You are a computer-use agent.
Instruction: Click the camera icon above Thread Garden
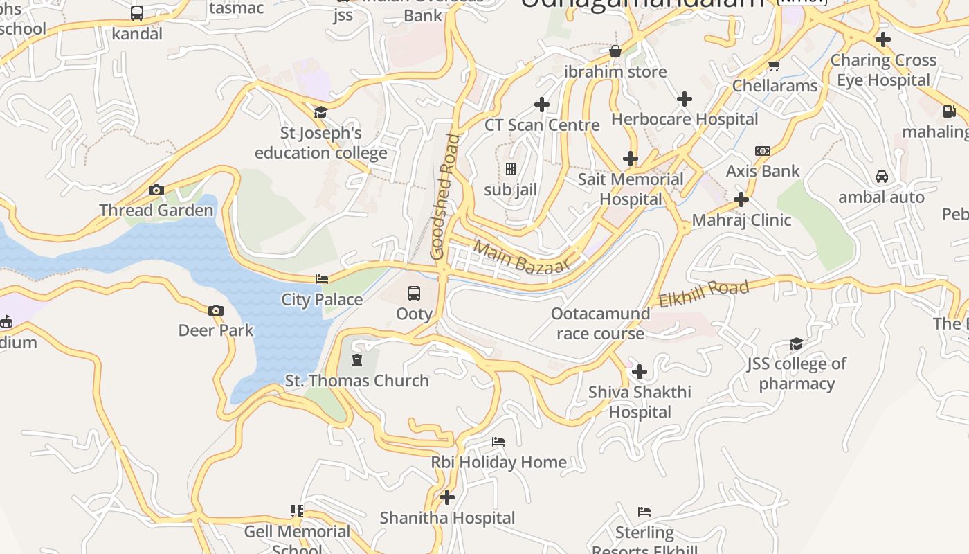pyautogui.click(x=156, y=190)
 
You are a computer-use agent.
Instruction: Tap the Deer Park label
pyautogui.click(x=216, y=330)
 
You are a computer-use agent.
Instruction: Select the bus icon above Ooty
pyautogui.click(x=414, y=294)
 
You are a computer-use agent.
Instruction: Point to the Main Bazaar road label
pyautogui.click(x=522, y=258)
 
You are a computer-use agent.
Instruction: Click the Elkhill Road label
pyautogui.click(x=703, y=294)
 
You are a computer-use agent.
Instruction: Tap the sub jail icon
pyautogui.click(x=511, y=169)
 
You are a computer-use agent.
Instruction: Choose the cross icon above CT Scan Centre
pyautogui.click(x=542, y=105)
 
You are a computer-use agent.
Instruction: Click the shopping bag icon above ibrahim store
pyautogui.click(x=615, y=51)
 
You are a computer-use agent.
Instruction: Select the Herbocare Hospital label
pyautogui.click(x=685, y=119)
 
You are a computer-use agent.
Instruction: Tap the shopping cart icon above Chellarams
pyautogui.click(x=775, y=66)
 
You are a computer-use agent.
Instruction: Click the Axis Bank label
pyautogui.click(x=763, y=171)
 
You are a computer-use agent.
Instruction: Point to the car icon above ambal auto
pyautogui.click(x=882, y=177)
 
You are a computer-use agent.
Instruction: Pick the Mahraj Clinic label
pyautogui.click(x=741, y=220)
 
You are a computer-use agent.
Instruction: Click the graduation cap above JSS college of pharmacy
pyautogui.click(x=797, y=343)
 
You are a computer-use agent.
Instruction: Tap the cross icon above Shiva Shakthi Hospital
pyautogui.click(x=640, y=372)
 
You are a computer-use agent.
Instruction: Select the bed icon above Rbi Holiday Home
pyautogui.click(x=498, y=442)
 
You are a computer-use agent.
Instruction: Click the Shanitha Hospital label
pyautogui.click(x=447, y=518)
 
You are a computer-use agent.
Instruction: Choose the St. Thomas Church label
pyautogui.click(x=357, y=381)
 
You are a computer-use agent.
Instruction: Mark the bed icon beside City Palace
pyautogui.click(x=322, y=279)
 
